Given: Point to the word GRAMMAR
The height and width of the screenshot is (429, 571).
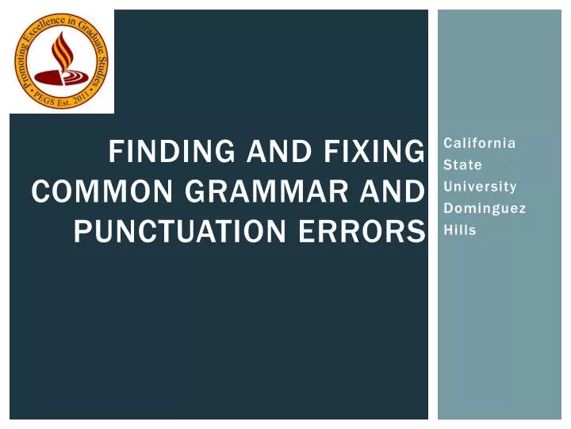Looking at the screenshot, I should click(x=269, y=191).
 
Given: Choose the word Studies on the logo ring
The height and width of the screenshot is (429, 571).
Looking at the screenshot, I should click(x=102, y=69).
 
